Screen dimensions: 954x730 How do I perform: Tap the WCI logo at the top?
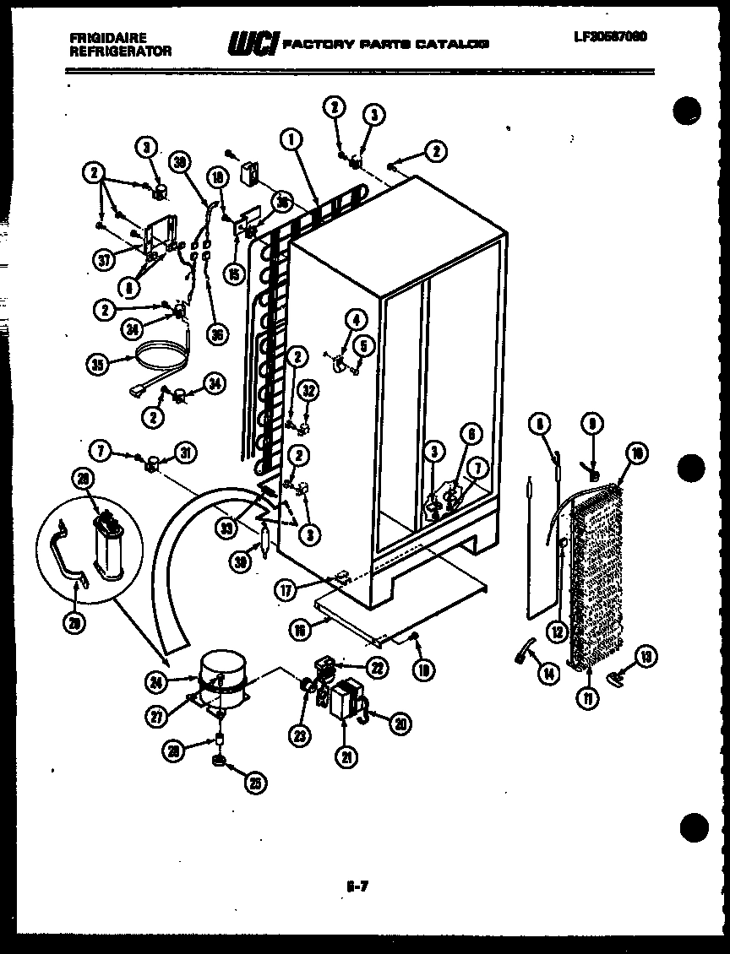(x=251, y=43)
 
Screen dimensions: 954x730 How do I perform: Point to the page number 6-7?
(x=358, y=886)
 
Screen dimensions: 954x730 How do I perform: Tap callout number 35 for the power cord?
(x=99, y=365)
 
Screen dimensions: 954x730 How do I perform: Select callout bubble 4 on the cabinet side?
(x=356, y=320)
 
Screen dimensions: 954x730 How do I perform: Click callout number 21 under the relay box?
(x=345, y=757)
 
